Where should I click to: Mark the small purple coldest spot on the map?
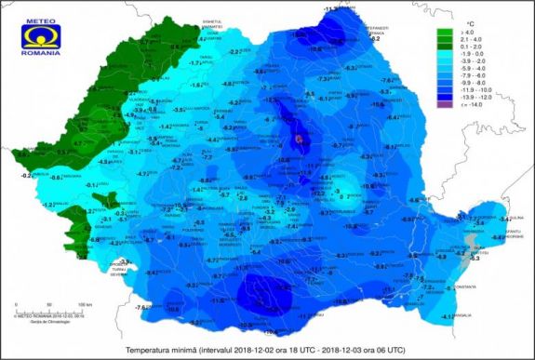point(299,139)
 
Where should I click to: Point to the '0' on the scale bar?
point(19,303)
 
